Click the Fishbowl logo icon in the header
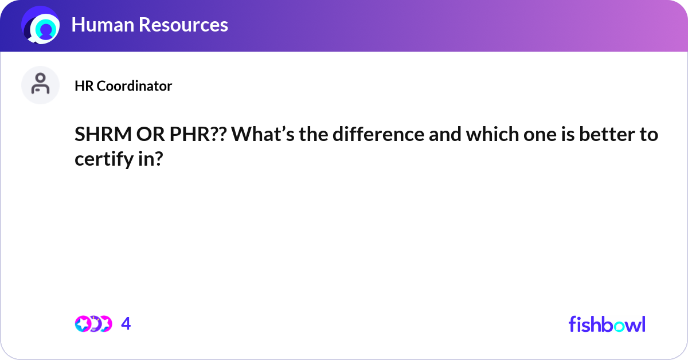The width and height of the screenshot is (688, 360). (x=41, y=25)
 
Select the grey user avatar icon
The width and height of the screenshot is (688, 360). (x=41, y=85)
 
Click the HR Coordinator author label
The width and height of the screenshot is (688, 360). (x=123, y=86)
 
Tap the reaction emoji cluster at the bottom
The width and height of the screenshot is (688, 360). (x=93, y=324)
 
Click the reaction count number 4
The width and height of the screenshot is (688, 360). (x=126, y=324)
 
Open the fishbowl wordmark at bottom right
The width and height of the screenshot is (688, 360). (x=607, y=324)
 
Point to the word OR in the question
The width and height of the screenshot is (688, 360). (x=147, y=135)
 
